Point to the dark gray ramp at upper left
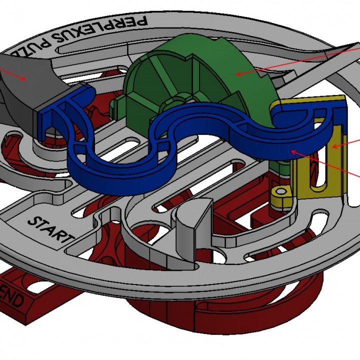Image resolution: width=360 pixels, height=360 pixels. (x=25, y=80)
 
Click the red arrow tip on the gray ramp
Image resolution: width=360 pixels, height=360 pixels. (x=25, y=78)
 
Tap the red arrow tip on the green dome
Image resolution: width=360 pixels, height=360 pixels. (x=236, y=75)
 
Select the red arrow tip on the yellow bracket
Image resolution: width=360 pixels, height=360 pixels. (x=333, y=147)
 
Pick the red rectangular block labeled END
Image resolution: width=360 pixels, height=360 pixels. (x=30, y=295)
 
